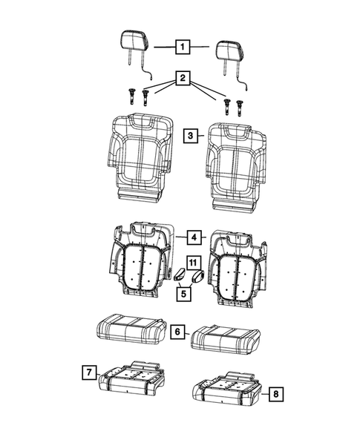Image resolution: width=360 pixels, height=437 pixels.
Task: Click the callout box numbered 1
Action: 180,47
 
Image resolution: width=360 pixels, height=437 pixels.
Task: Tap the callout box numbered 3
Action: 191,136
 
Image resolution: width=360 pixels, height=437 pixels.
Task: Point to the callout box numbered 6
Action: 178,332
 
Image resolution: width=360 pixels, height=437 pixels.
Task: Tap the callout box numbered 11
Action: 193,262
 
